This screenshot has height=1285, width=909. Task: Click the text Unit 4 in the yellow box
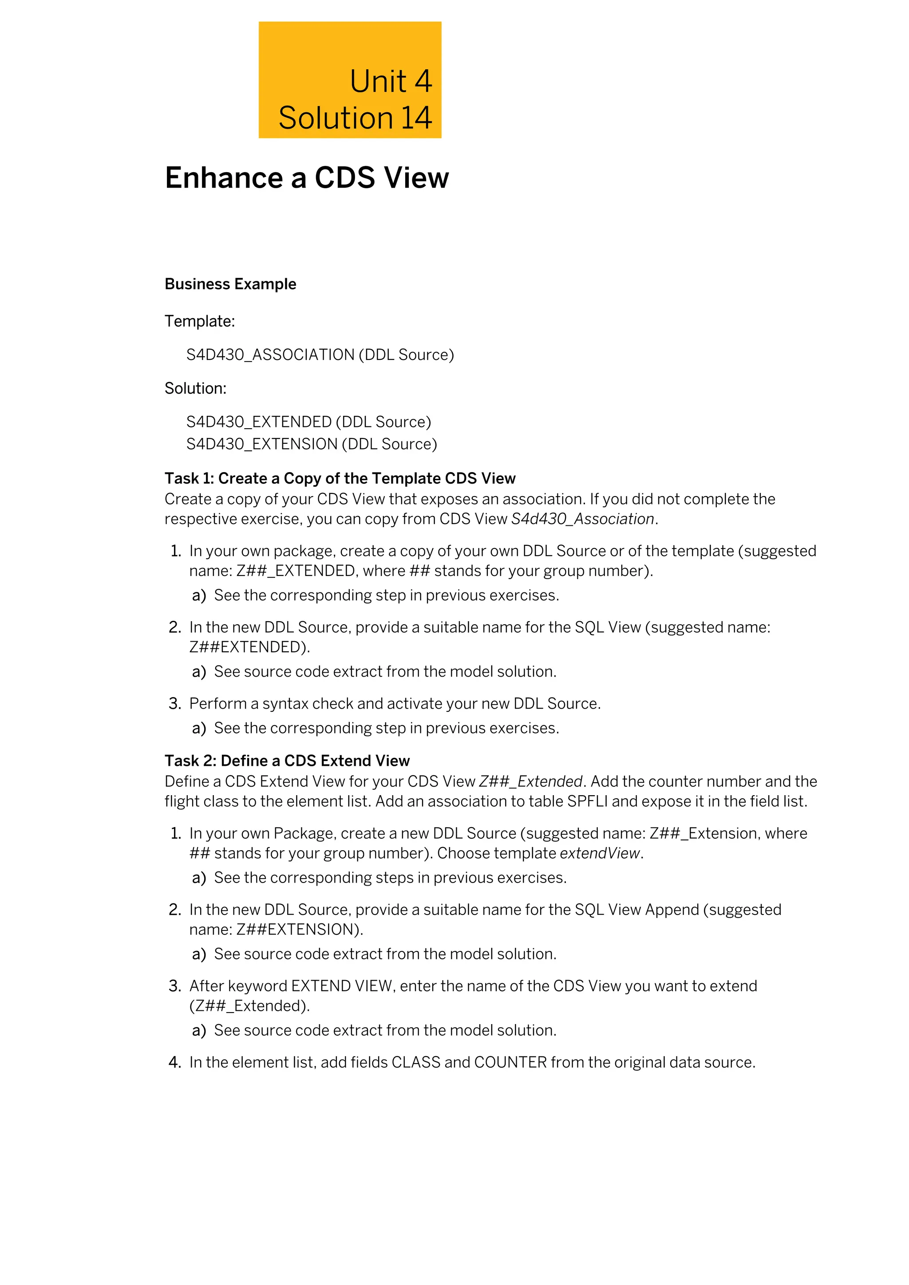coord(391,82)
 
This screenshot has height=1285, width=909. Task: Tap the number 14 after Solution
coord(416,118)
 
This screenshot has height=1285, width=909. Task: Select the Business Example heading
coord(230,284)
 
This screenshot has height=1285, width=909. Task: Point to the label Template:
coord(199,321)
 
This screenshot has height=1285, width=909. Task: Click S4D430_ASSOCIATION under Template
coord(270,355)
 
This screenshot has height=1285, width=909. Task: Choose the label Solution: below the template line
coord(195,388)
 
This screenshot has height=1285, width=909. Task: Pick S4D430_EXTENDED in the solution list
coord(259,422)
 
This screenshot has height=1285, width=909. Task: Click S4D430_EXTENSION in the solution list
coord(261,444)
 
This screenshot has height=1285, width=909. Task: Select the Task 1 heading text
coord(340,478)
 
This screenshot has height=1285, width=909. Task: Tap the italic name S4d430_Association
coord(582,520)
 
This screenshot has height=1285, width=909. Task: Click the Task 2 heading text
coord(287,761)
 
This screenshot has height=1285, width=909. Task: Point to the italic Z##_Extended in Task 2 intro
coord(531,781)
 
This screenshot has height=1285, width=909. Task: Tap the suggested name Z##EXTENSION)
coord(300,930)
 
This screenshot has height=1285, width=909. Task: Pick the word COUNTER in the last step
coord(510,1063)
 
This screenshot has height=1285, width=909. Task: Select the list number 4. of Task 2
coord(174,1063)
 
